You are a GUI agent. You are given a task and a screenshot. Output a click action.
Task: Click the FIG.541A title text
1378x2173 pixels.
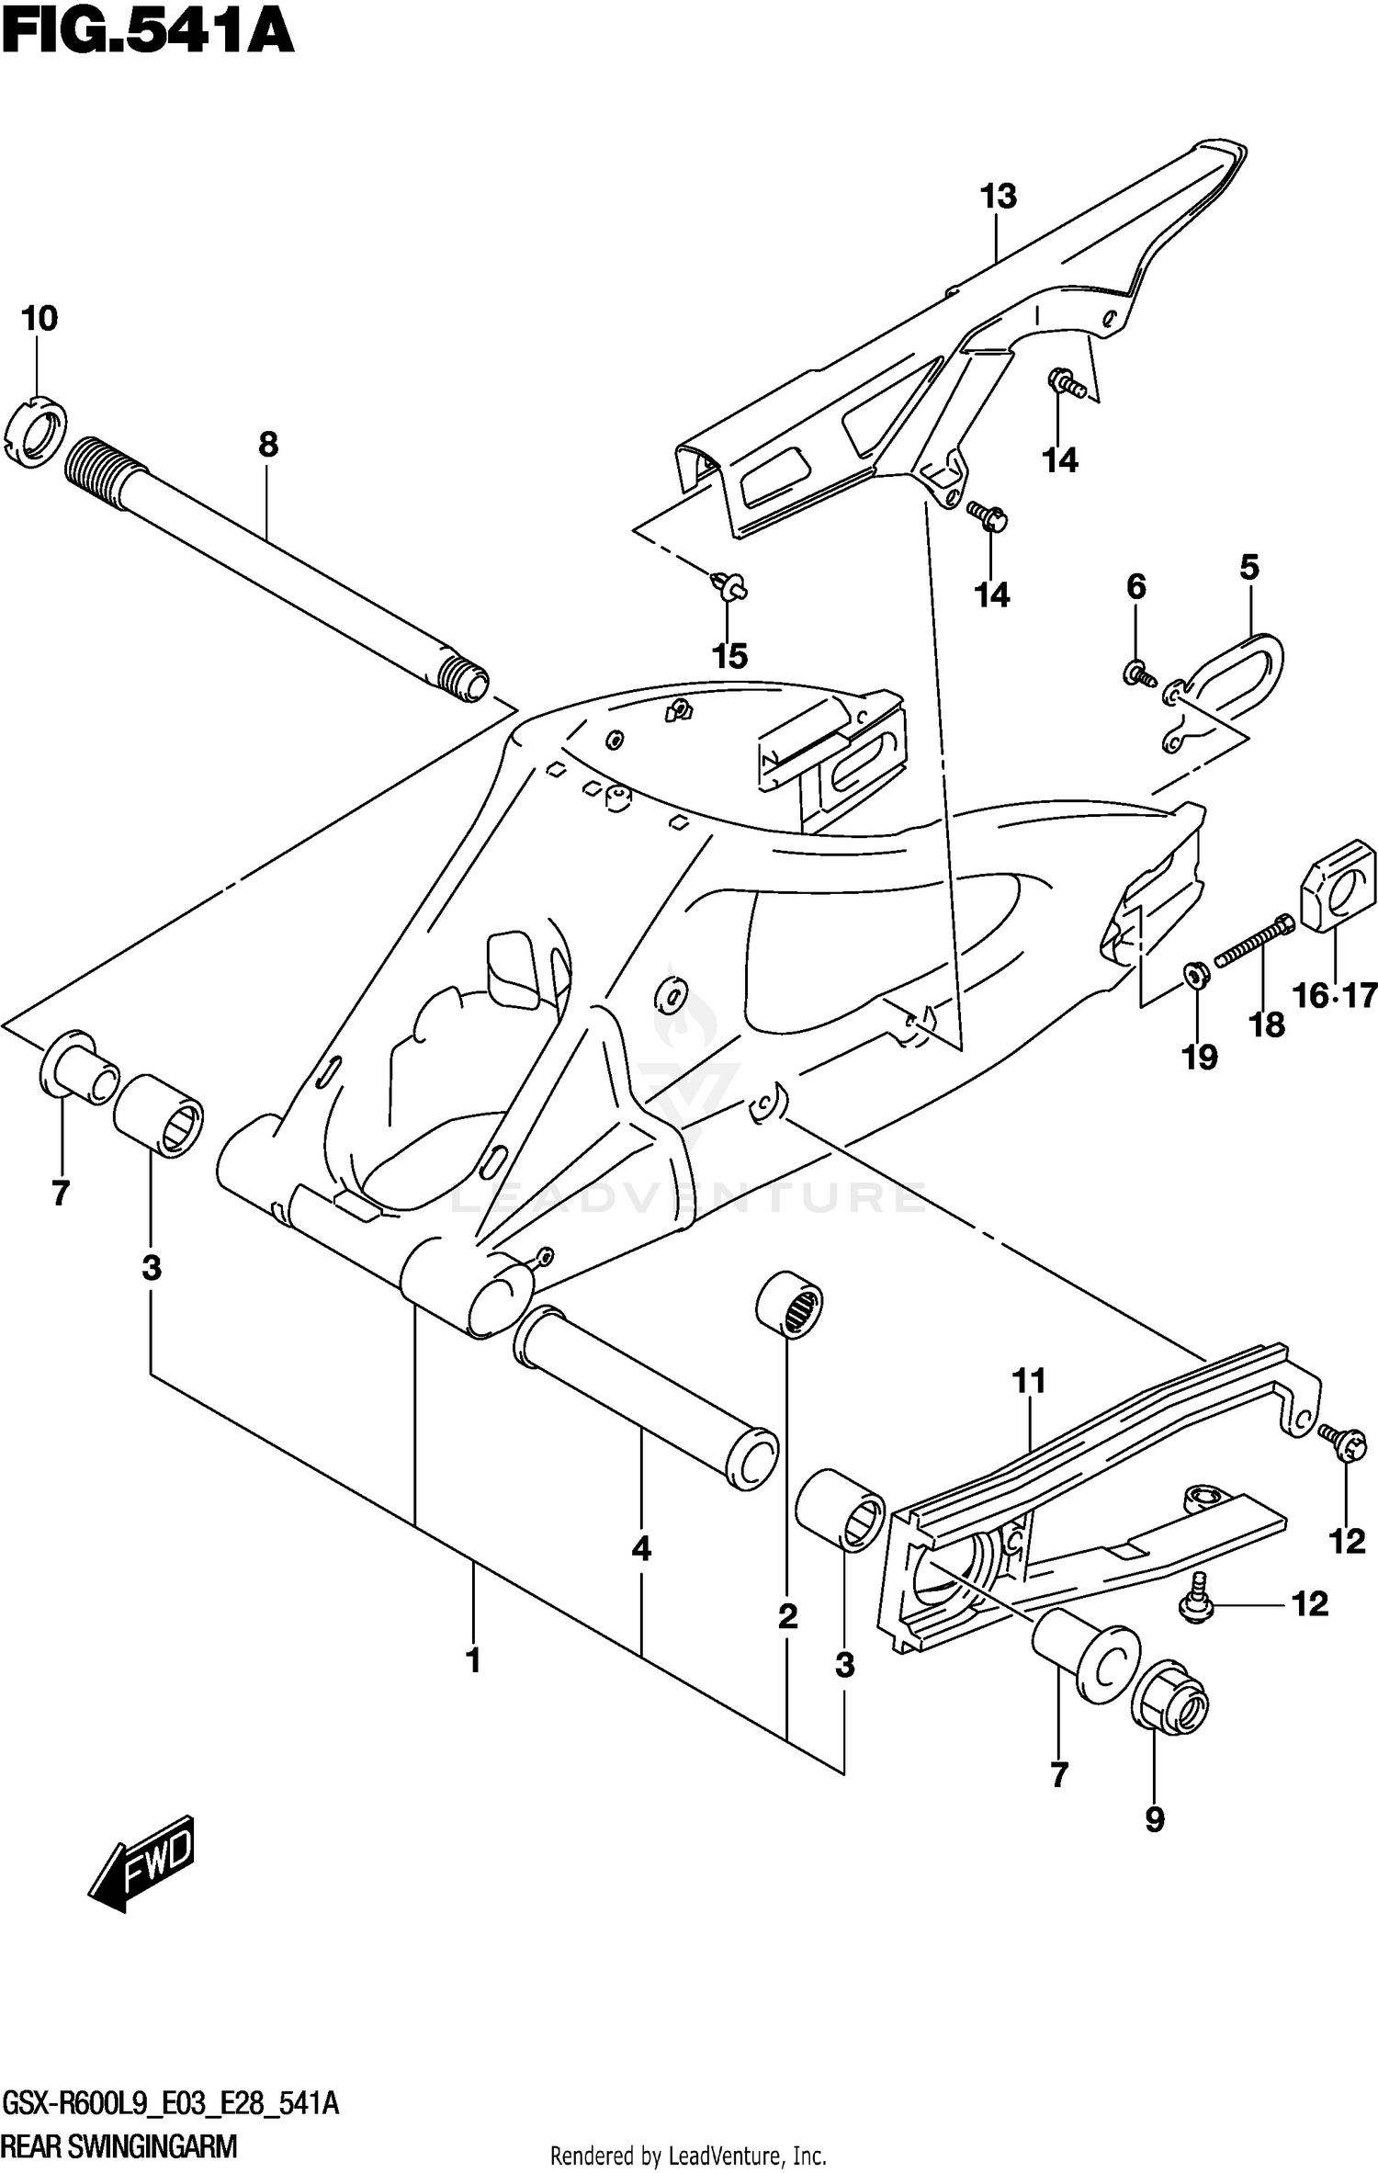tap(147, 35)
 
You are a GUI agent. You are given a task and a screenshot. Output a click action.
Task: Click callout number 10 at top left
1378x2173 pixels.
tap(39, 319)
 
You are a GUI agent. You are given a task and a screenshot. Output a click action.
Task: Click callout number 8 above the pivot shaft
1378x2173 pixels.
tap(267, 445)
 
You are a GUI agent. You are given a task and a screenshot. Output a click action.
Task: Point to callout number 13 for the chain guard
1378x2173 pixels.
tap(999, 197)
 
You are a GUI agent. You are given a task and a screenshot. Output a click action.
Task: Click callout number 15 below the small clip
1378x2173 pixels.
tap(730, 656)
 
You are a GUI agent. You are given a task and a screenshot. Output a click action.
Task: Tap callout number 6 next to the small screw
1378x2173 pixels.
tap(1136, 586)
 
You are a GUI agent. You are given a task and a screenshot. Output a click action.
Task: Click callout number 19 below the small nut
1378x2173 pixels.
tap(1199, 1058)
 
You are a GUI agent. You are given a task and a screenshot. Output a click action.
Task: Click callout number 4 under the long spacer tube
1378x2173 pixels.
tap(641, 1549)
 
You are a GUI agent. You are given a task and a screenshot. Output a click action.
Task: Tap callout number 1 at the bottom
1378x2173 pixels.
tap(473, 1660)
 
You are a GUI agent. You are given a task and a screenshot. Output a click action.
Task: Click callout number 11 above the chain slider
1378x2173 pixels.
tap(1029, 1380)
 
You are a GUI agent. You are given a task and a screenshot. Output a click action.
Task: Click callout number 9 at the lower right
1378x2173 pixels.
tap(1155, 1818)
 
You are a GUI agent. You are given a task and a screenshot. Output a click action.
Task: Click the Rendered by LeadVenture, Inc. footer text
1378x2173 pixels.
tap(688, 2155)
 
